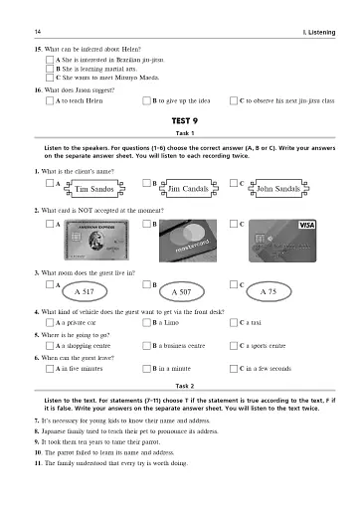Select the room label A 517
pyautogui.click(x=85, y=293)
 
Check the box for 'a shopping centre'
pyautogui.click(x=50, y=345)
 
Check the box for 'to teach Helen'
pyautogui.click(x=50, y=100)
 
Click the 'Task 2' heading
pyautogui.click(x=179, y=384)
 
